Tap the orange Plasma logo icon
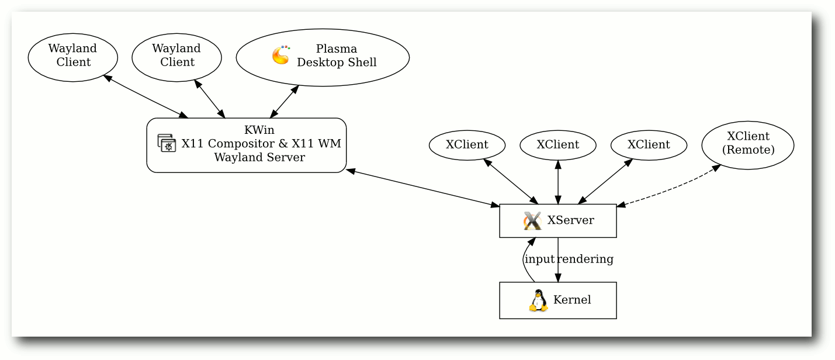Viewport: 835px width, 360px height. pyautogui.click(x=281, y=55)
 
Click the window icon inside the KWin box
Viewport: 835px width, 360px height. pyautogui.click(x=167, y=143)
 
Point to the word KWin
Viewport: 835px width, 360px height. pyautogui.click(x=259, y=130)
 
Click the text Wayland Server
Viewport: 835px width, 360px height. pyautogui.click(x=259, y=157)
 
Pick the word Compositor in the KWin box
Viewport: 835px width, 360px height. pyautogui.click(x=242, y=144)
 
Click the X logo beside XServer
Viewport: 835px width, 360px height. pyautogui.click(x=532, y=221)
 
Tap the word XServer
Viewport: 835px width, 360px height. pyautogui.click(x=571, y=220)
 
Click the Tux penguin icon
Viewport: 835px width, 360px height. pyautogui.click(x=538, y=300)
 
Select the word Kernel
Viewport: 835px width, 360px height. pyautogui.click(x=572, y=300)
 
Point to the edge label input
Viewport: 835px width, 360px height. pyautogui.click(x=539, y=259)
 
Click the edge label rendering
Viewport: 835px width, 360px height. pyautogui.click(x=585, y=259)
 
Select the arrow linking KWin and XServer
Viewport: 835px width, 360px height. pyautogui.click(x=422, y=188)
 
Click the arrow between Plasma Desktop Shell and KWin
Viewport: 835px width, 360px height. pyautogui.click(x=285, y=102)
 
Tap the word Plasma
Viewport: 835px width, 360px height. pyautogui.click(x=336, y=49)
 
